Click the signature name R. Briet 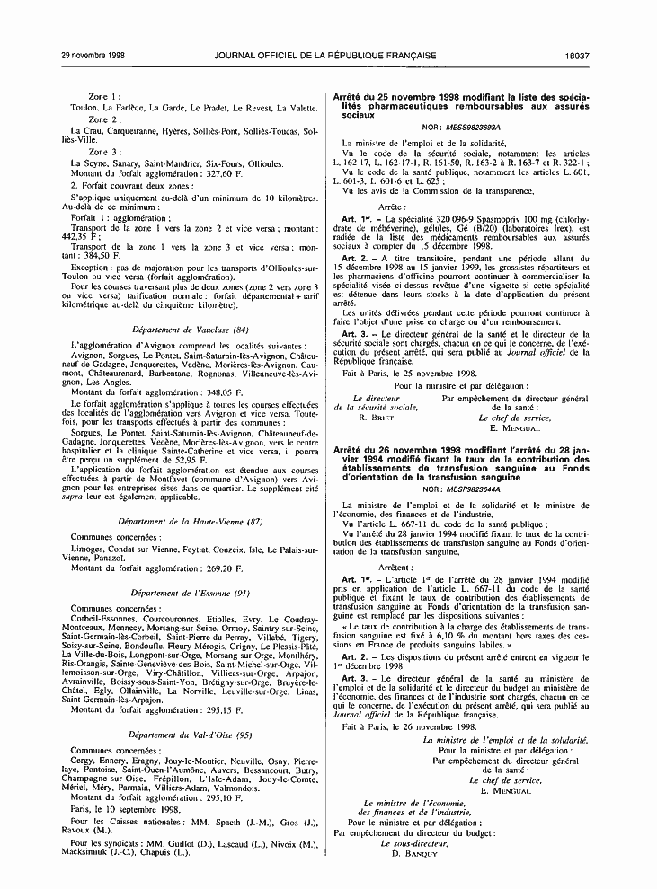[x=376, y=418]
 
